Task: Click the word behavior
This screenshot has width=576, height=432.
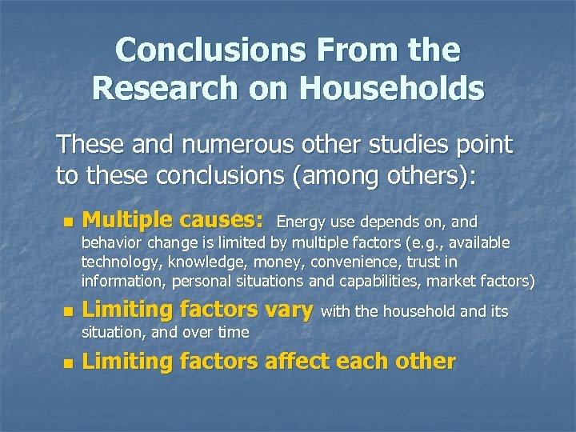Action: point(109,242)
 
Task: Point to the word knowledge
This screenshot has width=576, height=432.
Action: point(197,262)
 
